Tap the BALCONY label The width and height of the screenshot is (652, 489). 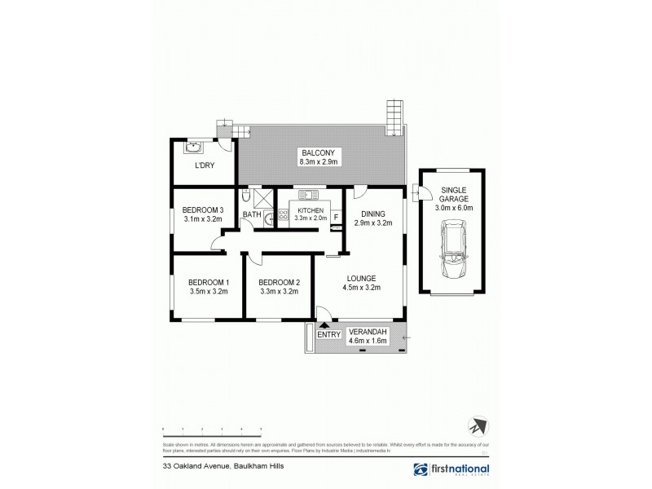tap(318, 152)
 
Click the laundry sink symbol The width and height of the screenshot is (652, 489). tap(194, 148)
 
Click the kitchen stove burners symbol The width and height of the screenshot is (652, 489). tap(284, 216)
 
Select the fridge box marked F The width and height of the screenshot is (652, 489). tap(336, 217)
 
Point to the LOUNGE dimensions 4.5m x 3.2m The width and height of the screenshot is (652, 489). tap(363, 287)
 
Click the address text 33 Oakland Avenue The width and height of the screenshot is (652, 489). tap(195, 468)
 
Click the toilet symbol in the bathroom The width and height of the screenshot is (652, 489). tap(246, 198)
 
